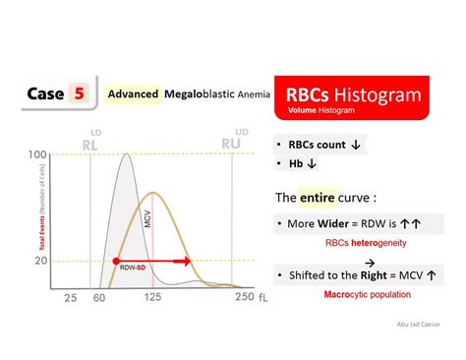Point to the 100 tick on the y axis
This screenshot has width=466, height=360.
(38, 155)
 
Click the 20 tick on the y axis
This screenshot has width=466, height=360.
(41, 260)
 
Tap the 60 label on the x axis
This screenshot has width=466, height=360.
(97, 296)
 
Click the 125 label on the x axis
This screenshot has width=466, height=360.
(153, 296)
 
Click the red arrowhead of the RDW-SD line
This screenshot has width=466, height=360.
(188, 261)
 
